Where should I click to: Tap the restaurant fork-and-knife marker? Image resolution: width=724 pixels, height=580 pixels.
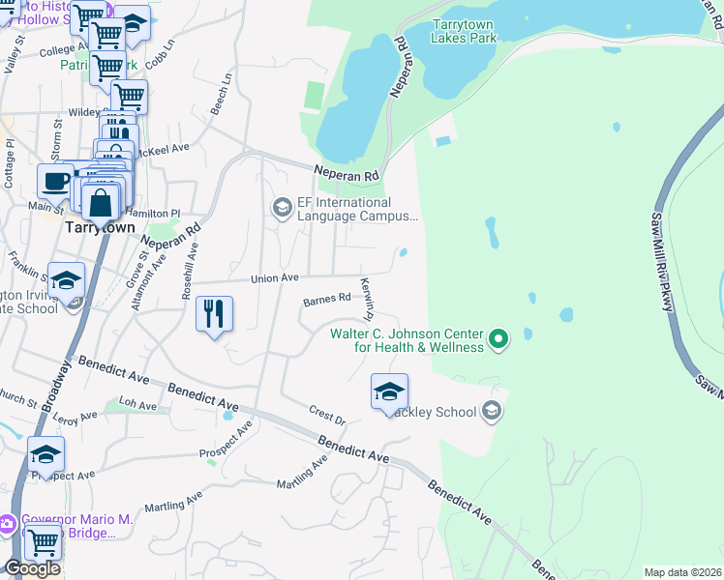214,314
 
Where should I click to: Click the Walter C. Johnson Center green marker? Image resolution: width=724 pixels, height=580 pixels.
498,338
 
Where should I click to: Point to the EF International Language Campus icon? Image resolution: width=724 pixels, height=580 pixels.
283,208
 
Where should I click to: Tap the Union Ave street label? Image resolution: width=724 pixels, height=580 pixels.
275,277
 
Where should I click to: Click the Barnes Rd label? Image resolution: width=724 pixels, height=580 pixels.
326,300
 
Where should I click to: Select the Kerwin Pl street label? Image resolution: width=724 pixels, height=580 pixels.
367,300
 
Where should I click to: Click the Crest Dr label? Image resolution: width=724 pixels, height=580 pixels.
327,414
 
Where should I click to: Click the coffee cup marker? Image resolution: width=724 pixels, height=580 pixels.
55,180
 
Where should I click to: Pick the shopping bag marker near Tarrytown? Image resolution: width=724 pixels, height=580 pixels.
100,203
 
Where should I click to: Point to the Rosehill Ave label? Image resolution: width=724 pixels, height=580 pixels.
193,270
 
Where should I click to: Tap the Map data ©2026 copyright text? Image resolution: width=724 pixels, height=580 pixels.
682,572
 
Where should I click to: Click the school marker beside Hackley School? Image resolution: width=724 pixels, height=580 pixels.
389,391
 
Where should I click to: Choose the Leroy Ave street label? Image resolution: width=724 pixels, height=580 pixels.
75,417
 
